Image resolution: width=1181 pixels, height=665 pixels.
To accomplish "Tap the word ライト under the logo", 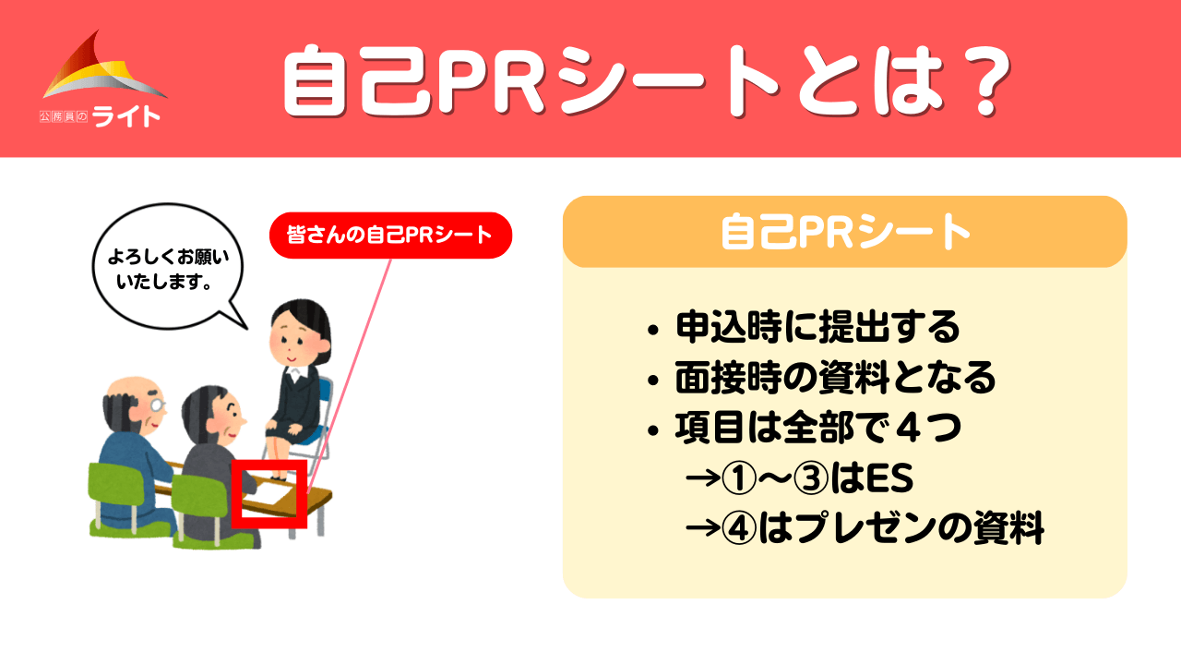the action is pos(126,116).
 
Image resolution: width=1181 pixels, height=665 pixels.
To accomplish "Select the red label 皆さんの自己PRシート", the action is pos(390,236).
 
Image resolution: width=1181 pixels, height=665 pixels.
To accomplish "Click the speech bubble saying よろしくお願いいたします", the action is pos(168,267).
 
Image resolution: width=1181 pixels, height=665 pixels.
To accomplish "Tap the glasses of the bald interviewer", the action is pos(158,405).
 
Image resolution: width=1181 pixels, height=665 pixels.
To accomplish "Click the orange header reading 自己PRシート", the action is pos(844,232).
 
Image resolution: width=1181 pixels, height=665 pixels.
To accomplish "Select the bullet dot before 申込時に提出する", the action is pos(653,331).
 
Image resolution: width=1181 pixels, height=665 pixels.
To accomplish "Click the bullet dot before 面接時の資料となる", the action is pos(653,380).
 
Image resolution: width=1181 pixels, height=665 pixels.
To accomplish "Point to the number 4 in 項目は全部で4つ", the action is pos(909,428).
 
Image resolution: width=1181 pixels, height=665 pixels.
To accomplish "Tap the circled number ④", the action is pos(739,527).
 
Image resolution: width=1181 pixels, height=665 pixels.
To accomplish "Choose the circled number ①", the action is pos(739,478).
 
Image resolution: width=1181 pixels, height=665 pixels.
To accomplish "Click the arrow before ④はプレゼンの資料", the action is pos(702,527).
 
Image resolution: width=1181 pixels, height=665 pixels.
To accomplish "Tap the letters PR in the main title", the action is pos(491,81).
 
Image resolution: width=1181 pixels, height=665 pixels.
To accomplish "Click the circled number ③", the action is pos(810,478).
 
